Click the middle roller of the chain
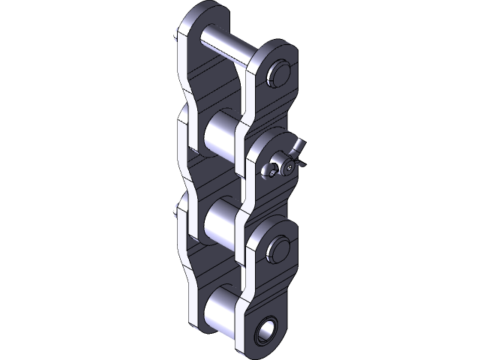(x=220, y=220)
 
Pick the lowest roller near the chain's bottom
(x=217, y=307)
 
